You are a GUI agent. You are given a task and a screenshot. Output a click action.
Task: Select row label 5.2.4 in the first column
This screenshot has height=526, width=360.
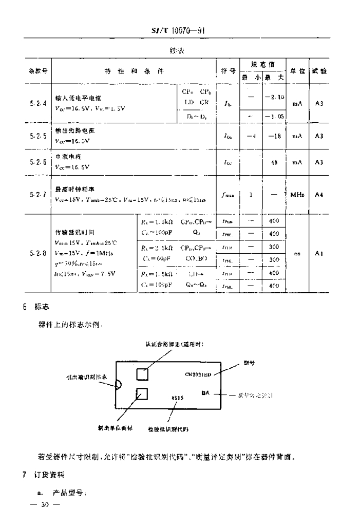(37, 103)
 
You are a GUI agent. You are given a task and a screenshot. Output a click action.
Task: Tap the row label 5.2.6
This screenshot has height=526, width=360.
(37, 162)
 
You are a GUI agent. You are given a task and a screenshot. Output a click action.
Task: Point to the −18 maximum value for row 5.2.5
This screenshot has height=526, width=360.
(274, 136)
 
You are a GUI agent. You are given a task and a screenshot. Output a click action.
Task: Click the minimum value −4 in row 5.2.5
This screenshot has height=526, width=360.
(251, 136)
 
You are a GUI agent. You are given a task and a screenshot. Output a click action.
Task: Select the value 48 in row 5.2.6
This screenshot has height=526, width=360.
(274, 162)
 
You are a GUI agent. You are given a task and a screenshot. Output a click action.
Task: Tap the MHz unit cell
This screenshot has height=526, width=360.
(297, 195)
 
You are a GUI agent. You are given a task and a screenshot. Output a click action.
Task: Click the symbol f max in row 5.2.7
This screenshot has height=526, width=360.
(229, 195)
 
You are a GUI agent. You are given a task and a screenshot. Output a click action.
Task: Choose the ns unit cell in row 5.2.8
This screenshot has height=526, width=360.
(297, 253)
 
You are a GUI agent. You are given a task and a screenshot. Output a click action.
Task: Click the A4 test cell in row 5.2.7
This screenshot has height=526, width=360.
(319, 195)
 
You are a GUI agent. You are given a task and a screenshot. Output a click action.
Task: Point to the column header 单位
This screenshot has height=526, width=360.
(297, 71)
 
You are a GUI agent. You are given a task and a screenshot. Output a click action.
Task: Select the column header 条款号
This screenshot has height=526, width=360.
(37, 71)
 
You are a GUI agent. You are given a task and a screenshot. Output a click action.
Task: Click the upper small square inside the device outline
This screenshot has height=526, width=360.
(142, 373)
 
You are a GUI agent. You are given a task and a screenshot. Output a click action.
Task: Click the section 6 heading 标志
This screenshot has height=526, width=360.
(42, 306)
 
